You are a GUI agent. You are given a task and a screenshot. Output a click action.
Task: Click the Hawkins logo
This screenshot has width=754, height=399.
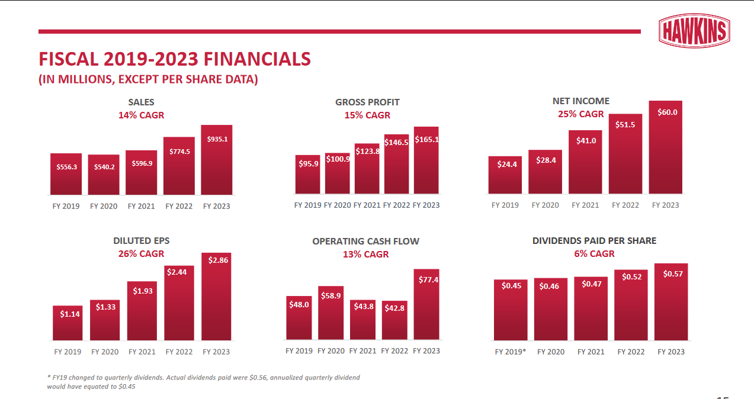[694, 31]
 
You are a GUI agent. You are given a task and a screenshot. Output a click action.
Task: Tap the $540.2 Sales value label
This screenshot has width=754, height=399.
[104, 167]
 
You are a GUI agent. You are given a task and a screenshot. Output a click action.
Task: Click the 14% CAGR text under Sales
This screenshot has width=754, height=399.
[141, 115]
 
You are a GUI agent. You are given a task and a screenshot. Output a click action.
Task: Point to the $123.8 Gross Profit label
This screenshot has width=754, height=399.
[367, 152]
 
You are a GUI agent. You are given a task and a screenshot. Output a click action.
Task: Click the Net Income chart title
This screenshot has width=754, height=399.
[580, 101]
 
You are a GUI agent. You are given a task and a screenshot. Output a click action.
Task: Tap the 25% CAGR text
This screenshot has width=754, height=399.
[580, 114]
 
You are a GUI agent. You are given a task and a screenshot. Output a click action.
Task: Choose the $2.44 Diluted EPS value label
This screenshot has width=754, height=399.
[179, 272]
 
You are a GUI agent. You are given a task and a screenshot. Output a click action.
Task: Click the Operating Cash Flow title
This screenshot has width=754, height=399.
[365, 242]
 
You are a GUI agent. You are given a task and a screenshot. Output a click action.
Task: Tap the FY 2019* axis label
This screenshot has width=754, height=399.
[511, 352]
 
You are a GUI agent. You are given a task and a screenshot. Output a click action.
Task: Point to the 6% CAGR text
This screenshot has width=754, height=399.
[594, 254]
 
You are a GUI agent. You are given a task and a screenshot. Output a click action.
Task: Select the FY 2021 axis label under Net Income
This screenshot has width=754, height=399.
[585, 205]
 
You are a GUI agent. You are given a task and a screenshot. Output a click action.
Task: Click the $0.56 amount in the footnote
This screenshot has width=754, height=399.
[258, 377]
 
